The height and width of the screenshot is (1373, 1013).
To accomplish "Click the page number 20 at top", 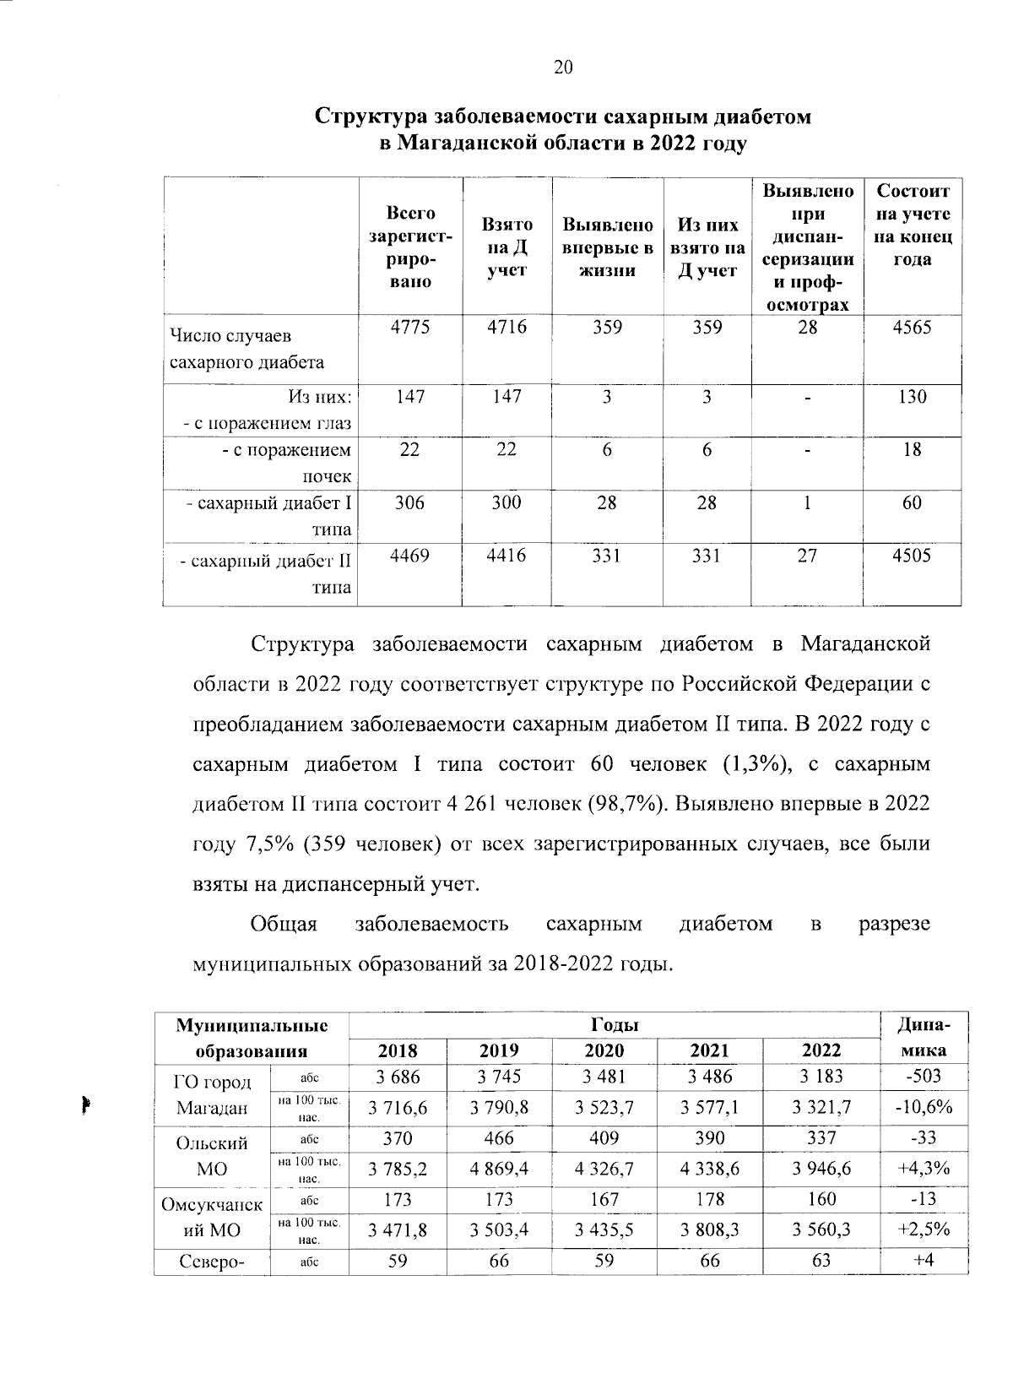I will click(563, 68).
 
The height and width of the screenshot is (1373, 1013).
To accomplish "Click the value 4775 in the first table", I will click(410, 328).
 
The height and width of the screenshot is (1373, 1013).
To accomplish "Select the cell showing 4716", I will click(506, 328).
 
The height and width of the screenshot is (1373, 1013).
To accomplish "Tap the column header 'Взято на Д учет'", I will click(506, 247).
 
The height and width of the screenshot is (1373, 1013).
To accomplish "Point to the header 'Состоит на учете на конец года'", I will click(912, 225).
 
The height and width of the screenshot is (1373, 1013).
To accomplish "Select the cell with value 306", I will click(410, 502).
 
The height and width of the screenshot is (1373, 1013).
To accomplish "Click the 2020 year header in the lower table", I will click(604, 1050).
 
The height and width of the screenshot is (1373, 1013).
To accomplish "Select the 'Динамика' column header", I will click(924, 1038).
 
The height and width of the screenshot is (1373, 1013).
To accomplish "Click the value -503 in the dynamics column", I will click(924, 1077).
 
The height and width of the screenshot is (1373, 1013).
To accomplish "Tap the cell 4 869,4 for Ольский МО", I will click(500, 1169).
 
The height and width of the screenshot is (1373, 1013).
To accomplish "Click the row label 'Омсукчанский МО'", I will click(212, 1216).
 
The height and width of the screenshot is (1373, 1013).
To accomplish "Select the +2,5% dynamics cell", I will click(924, 1229).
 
